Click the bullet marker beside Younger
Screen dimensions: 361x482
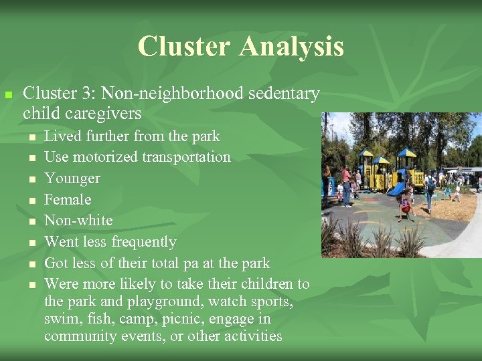(x=31, y=179)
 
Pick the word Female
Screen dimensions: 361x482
(x=68, y=199)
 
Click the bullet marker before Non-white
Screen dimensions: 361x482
(x=31, y=221)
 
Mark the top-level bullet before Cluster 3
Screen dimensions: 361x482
(x=9, y=95)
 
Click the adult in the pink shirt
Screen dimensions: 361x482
(x=346, y=180)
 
